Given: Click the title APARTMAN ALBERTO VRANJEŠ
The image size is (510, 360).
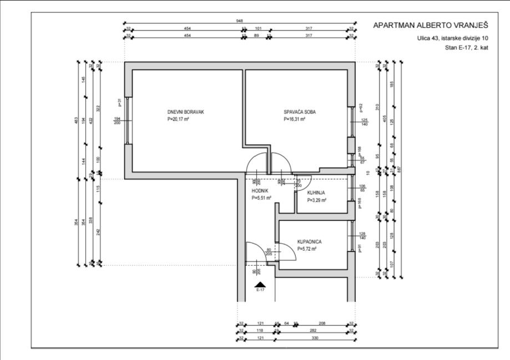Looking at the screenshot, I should pyautogui.click(x=431, y=26).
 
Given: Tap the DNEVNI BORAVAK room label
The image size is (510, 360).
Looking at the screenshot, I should pyautogui.click(x=186, y=112).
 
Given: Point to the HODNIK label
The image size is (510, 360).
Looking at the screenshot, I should pyautogui.click(x=260, y=190).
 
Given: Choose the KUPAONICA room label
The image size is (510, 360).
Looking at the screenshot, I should pyautogui.click(x=310, y=242).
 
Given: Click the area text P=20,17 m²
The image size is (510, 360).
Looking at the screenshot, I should pyautogui.click(x=178, y=119).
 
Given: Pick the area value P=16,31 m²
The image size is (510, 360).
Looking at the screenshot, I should pyautogui.click(x=295, y=119).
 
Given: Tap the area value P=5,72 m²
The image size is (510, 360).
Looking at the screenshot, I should pyautogui.click(x=306, y=250).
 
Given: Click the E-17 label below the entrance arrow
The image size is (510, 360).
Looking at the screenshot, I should pyautogui.click(x=261, y=290).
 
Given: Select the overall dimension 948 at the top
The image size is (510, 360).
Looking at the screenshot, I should pyautogui.click(x=239, y=21).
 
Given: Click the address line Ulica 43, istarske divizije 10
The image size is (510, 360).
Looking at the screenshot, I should pyautogui.click(x=453, y=38).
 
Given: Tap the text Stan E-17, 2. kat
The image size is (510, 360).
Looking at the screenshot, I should pyautogui.click(x=466, y=48).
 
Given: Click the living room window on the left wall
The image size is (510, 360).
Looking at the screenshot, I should pyautogui.click(x=128, y=120).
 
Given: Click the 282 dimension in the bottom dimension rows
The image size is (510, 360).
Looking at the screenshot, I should pyautogui.click(x=314, y=330).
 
